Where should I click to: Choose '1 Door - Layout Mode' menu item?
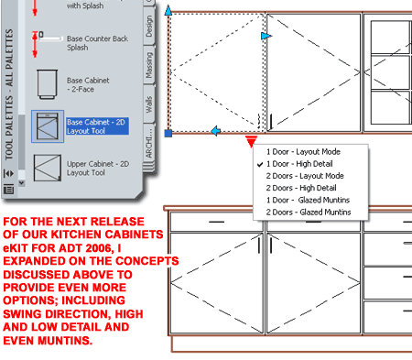pos(303,152)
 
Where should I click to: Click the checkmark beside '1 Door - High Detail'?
pos(260,164)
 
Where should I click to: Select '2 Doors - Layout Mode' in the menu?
pos(305,176)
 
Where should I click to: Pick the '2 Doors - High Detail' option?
pos(301,188)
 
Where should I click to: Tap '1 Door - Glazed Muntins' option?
pos(308,200)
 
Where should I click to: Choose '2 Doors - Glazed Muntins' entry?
pos(309,212)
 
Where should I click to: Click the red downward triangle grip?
pos(251,141)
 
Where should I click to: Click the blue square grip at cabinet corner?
pos(168,133)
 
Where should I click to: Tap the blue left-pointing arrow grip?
pos(216,131)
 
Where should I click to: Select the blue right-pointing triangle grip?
pos(266,36)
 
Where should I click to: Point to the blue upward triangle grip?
pos(168,10)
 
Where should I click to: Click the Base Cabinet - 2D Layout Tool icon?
pos(48,126)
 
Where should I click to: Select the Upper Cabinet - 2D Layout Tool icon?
pos(48,168)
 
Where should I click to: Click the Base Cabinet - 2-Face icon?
pos(47,84)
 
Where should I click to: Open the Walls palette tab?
pos(148,104)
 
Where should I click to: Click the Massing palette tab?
pos(148,65)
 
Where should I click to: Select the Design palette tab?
pos(149,27)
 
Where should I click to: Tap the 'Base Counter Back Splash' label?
pos(97,43)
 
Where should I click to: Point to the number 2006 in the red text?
pos(98,247)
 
